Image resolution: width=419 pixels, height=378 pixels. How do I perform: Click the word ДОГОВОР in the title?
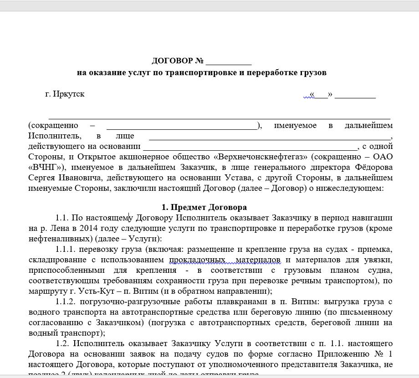pyautogui.click(x=172, y=61)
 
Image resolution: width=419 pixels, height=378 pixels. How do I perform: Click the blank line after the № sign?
pyautogui.click(x=229, y=62)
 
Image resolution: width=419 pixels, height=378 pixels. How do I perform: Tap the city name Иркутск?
pyautogui.click(x=69, y=94)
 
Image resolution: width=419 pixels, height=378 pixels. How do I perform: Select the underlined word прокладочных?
pyautogui.click(x=198, y=260)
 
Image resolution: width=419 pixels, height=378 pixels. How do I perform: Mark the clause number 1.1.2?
pyautogui.click(x=66, y=301)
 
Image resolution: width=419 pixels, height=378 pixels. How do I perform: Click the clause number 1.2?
pyautogui.click(x=63, y=343)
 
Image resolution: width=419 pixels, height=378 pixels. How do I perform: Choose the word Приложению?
pyautogui.click(x=347, y=354)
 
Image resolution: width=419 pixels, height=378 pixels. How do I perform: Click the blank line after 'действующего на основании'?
pyautogui.click(x=250, y=147)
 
